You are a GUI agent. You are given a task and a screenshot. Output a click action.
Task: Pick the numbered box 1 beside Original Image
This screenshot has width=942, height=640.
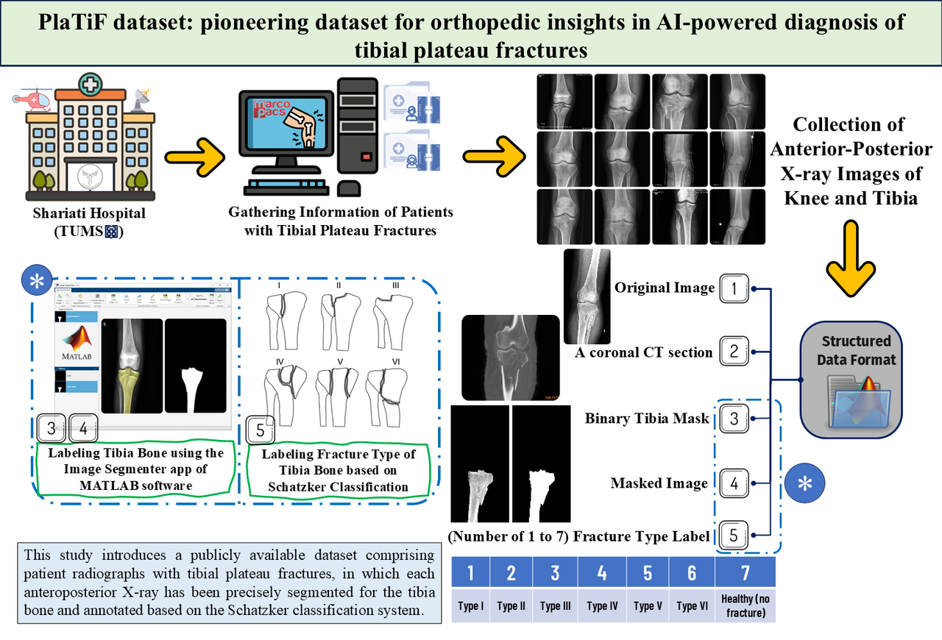(734, 288)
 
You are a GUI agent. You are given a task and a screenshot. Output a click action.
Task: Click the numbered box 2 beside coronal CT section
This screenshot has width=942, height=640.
(734, 351)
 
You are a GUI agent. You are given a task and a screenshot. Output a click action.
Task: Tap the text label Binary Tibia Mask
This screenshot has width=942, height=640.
(647, 419)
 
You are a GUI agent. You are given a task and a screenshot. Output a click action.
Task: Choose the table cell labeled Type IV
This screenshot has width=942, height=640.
(602, 606)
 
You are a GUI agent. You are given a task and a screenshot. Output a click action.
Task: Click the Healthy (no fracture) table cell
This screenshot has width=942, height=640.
(745, 606)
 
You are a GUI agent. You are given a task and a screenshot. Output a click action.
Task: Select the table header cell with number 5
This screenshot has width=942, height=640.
(648, 572)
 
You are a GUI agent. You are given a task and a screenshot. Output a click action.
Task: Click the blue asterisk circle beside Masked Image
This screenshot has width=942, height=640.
(805, 483)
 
